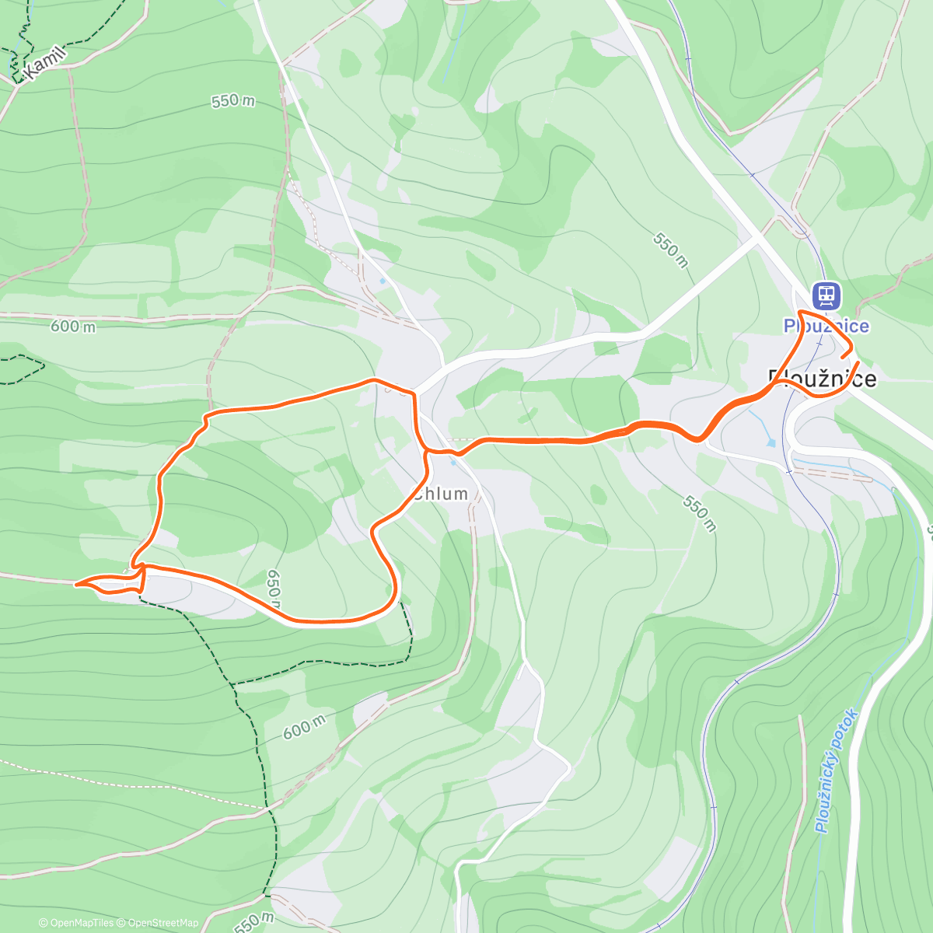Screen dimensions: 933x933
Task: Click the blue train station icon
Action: pos(826,295)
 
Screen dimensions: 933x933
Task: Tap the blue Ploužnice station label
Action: pos(826,326)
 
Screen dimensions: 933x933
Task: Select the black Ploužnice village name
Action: pos(822,379)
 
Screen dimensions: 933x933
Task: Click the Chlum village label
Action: pos(442,494)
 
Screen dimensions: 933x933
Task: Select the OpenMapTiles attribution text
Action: pos(76,923)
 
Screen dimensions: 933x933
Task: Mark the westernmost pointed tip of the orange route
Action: pos(75,583)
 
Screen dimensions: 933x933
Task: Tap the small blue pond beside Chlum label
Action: pos(453,462)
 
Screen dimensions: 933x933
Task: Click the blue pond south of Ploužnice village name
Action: pos(770,442)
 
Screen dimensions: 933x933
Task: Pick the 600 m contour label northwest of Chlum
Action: pos(73,327)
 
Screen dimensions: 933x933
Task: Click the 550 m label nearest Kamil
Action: pos(232,101)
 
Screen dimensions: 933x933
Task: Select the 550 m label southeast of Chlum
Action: pos(698,513)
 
